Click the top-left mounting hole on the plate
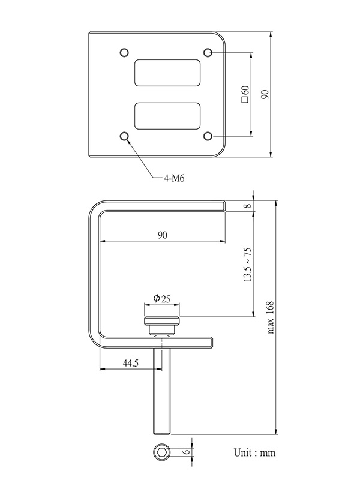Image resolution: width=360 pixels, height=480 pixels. [125, 52]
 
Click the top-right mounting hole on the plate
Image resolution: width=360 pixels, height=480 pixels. [208, 52]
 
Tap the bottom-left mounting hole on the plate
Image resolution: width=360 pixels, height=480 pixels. [125, 137]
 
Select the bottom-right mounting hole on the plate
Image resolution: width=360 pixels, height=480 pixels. [208, 137]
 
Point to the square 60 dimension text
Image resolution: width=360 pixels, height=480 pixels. [245, 94]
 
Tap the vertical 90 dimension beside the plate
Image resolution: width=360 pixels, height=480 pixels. [265, 94]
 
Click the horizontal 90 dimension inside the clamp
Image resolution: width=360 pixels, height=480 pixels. [162, 235]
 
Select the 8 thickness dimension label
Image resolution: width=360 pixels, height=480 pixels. [247, 206]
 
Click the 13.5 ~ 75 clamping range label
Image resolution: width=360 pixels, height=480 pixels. [247, 264]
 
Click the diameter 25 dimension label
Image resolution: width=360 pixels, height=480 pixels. [162, 298]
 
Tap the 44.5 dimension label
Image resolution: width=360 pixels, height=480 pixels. [131, 363]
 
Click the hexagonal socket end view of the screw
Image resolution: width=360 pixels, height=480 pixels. [162, 452]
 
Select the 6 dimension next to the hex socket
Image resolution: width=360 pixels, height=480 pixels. [186, 452]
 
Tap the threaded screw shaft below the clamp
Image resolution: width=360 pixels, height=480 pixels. [162, 390]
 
